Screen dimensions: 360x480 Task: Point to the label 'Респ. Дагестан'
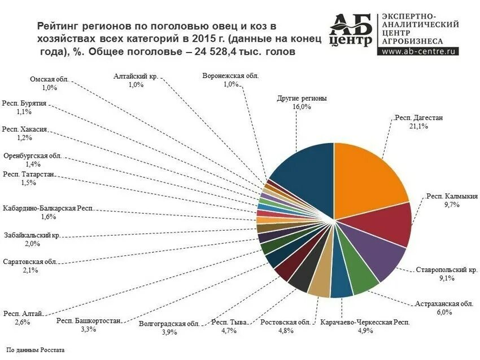(418, 118)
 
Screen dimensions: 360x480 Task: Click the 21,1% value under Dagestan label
(418, 127)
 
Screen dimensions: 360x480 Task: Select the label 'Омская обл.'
(49, 80)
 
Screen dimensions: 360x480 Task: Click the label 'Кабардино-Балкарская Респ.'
(47, 209)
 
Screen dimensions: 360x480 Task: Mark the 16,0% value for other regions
(302, 106)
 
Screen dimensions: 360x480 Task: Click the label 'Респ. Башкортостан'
(89, 321)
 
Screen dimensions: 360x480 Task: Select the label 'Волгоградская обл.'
(169, 324)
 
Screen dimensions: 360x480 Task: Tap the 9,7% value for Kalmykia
(452, 205)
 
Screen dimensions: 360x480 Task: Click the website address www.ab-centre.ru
(419, 50)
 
